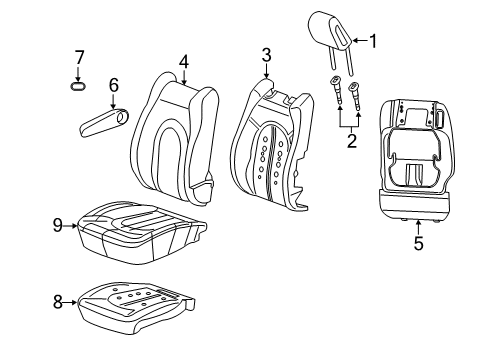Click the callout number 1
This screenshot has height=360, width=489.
click(374, 41)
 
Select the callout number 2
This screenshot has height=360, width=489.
click(349, 141)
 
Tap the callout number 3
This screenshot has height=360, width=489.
click(266, 54)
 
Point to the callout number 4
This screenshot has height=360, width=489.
click(184, 62)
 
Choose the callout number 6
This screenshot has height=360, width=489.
click(113, 86)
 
